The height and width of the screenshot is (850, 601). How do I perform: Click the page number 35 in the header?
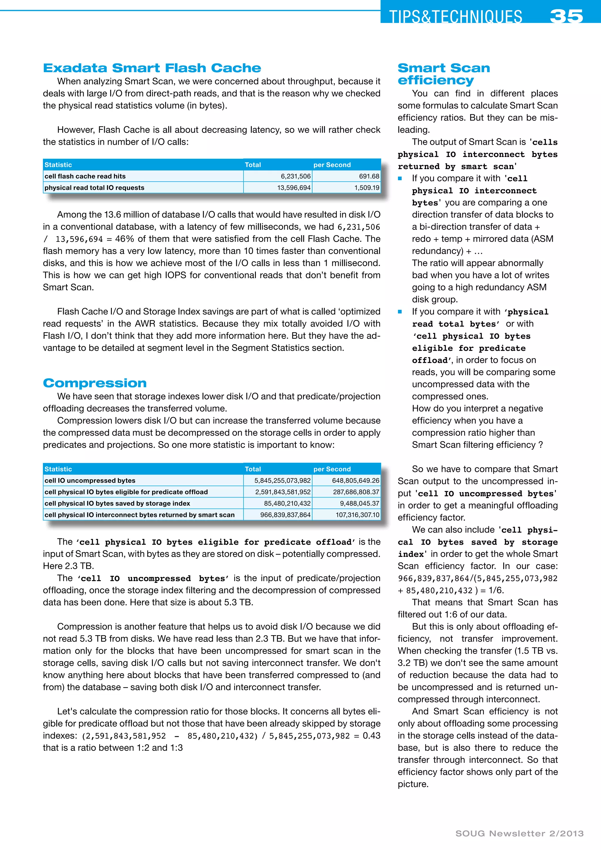click(566, 16)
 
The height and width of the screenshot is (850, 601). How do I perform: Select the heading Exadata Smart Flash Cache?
click(152, 68)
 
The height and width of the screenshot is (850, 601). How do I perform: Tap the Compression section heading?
click(95, 383)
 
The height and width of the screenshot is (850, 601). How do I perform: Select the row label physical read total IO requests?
click(94, 188)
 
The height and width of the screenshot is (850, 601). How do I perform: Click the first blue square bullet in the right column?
click(400, 178)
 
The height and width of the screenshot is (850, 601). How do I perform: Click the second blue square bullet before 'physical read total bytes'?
click(400, 312)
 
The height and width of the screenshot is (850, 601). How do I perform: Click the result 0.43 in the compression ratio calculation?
click(371, 736)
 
